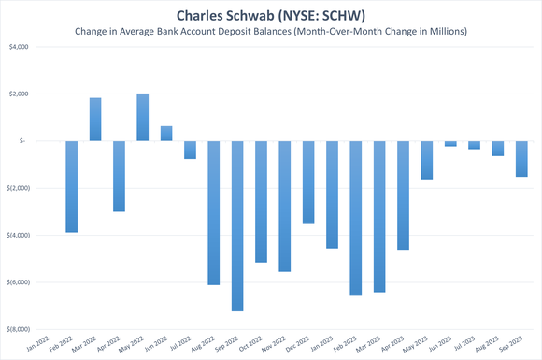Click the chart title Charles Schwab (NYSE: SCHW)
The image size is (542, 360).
[x=271, y=16]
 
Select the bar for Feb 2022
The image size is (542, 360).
[x=71, y=186]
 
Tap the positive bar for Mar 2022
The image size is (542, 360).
[x=95, y=120]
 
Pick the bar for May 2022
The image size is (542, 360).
[x=142, y=117]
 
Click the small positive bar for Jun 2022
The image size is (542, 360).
[x=166, y=134]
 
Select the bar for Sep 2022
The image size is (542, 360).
[x=237, y=225]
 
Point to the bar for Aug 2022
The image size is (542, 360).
[x=214, y=212]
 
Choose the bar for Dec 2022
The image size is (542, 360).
[x=308, y=182]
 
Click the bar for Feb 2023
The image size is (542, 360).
[x=356, y=218]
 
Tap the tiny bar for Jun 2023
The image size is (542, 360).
[x=450, y=144]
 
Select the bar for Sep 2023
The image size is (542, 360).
[x=521, y=159]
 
